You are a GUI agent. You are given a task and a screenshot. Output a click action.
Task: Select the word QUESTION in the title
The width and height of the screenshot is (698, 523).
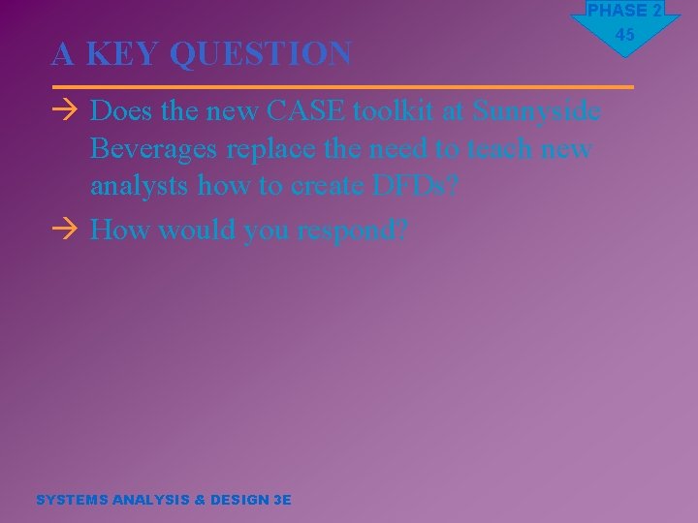point(261,54)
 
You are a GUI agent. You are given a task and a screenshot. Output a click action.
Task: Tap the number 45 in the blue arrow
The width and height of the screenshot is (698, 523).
point(625,36)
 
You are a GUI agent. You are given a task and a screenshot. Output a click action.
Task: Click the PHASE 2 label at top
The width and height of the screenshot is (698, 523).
point(625,11)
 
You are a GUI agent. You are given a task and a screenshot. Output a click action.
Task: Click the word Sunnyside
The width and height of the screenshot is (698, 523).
point(536,111)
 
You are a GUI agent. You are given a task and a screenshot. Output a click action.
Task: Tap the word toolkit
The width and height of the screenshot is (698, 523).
point(396,111)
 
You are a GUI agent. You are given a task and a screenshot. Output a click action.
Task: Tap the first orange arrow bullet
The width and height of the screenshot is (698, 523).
point(64,111)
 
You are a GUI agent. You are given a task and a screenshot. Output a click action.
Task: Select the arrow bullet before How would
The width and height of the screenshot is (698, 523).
point(64,231)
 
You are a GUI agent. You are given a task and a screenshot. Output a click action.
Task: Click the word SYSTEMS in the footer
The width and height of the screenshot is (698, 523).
point(72,500)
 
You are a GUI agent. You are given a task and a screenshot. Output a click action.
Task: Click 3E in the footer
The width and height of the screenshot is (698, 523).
point(282,500)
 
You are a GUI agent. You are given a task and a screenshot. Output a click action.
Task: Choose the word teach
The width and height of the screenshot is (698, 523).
point(501,149)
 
